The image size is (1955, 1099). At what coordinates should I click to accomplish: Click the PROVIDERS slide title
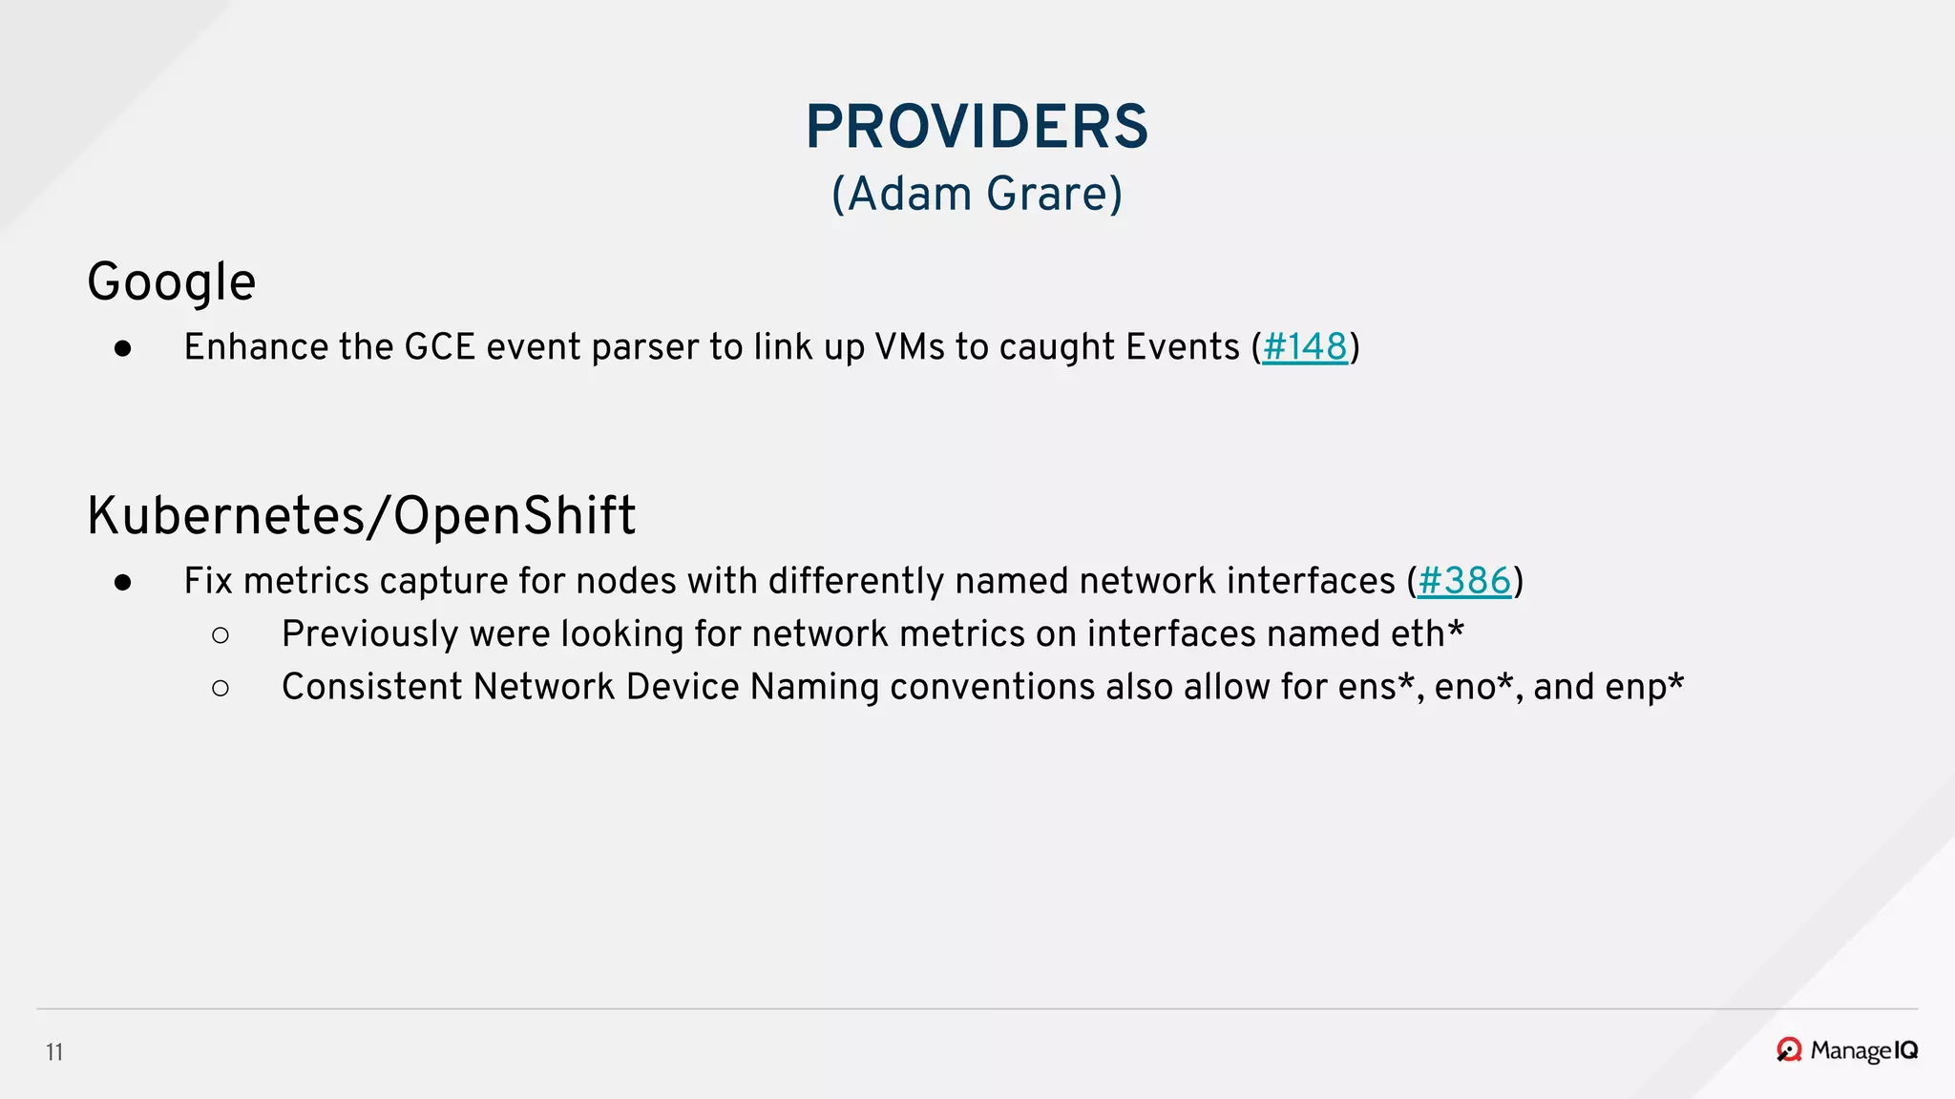pyautogui.click(x=977, y=127)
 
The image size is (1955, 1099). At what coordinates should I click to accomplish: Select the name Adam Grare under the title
pyautogui.click(x=977, y=194)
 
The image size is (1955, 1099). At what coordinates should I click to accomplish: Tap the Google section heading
pyautogui.click(x=172, y=282)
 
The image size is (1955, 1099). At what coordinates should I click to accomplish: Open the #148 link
pyautogui.click(x=1304, y=347)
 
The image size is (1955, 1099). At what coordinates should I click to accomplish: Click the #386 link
pyautogui.click(x=1464, y=581)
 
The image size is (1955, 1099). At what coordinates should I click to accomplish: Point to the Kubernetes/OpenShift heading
pyautogui.click(x=361, y=516)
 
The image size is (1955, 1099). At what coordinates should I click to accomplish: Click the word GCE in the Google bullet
pyautogui.click(x=440, y=347)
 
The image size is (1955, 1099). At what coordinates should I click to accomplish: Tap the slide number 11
pyautogui.click(x=54, y=1052)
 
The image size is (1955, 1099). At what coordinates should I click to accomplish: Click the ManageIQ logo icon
pyautogui.click(x=1789, y=1050)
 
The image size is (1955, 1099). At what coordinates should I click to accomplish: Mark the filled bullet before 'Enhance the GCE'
pyautogui.click(x=122, y=349)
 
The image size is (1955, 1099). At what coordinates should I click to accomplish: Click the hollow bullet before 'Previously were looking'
pyautogui.click(x=221, y=635)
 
